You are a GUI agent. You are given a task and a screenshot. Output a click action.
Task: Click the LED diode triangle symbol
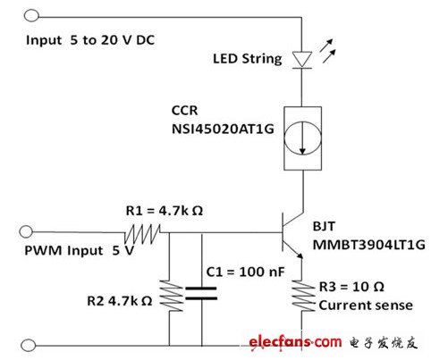(x=302, y=60)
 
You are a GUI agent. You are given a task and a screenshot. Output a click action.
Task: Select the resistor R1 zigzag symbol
(x=142, y=234)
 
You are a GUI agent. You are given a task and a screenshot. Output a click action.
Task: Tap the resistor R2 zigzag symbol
(x=171, y=296)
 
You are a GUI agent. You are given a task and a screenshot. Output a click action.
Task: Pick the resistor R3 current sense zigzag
(x=303, y=296)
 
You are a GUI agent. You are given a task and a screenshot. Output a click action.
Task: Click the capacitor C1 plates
(x=201, y=293)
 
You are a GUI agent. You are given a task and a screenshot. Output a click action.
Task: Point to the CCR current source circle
(x=302, y=138)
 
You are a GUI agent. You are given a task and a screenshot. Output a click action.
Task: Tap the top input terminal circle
(x=31, y=15)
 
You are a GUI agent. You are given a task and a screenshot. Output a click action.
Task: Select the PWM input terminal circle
(x=26, y=231)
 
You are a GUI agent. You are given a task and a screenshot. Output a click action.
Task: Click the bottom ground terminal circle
(x=29, y=346)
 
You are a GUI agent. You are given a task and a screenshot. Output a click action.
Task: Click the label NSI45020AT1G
(x=223, y=130)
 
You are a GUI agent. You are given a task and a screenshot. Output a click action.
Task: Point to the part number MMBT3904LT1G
(x=368, y=245)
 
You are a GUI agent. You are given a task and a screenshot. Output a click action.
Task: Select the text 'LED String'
(x=248, y=59)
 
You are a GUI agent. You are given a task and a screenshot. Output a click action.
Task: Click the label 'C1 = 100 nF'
(x=245, y=272)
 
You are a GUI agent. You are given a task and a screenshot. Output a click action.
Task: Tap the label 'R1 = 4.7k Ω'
(x=165, y=211)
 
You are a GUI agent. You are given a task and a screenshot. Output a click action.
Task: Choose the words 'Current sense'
(x=366, y=306)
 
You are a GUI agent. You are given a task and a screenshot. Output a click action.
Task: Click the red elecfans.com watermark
(x=295, y=342)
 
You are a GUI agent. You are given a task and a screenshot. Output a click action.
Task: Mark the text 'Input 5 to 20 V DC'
(x=90, y=40)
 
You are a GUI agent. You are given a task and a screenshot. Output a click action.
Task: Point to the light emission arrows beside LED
(x=327, y=51)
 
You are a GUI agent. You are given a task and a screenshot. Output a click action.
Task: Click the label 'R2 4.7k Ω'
(x=120, y=301)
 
